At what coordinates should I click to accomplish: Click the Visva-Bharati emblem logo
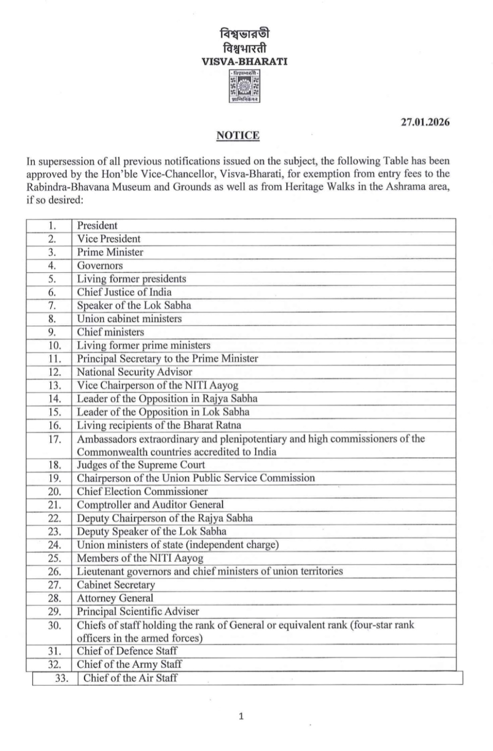(x=244, y=86)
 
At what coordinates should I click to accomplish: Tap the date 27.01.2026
(x=425, y=122)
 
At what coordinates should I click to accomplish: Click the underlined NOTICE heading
(x=238, y=136)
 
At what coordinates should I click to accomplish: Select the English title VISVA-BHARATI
(x=244, y=61)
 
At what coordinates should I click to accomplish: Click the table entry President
(x=97, y=225)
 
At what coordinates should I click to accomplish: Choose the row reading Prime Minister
(x=110, y=252)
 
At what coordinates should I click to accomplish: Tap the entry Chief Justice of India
(x=124, y=292)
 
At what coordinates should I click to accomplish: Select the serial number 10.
(x=54, y=345)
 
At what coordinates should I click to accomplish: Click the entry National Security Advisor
(x=135, y=372)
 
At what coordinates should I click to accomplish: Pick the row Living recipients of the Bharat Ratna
(x=159, y=425)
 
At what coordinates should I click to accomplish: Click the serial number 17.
(x=54, y=439)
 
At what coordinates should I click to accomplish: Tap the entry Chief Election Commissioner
(x=142, y=491)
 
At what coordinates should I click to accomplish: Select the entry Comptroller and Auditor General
(x=150, y=505)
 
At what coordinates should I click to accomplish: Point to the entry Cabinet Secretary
(x=116, y=585)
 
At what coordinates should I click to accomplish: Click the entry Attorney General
(x=115, y=598)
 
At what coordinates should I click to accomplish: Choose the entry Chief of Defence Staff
(x=127, y=651)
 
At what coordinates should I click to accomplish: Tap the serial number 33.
(x=61, y=678)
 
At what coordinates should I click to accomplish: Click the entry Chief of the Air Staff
(x=130, y=678)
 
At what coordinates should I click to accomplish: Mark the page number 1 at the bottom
(x=241, y=716)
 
